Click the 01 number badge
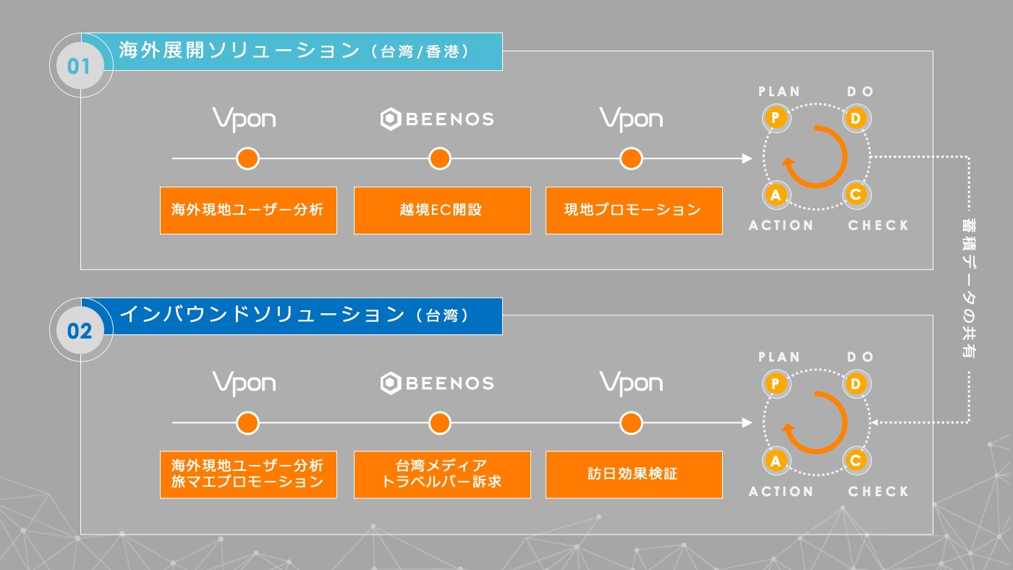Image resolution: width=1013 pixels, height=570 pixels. click(x=80, y=66)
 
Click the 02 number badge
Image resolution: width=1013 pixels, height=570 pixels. click(x=80, y=331)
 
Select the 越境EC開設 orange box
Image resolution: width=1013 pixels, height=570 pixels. click(x=442, y=210)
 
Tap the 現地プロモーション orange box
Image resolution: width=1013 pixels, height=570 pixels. click(x=634, y=210)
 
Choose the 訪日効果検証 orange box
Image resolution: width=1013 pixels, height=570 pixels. click(x=634, y=475)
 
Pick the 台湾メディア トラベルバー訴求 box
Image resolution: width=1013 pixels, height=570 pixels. click(x=442, y=475)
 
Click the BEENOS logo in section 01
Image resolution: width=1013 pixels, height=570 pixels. click(x=437, y=119)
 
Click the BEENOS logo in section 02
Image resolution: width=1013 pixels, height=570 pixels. click(x=437, y=383)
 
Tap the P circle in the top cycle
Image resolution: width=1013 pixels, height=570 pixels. click(x=776, y=118)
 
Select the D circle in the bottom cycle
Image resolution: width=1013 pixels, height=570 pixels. click(x=856, y=384)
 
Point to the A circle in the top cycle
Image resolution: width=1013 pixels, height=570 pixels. click(x=776, y=195)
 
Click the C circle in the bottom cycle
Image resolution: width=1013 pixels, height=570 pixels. click(x=856, y=460)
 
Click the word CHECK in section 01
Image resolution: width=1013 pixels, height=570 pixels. click(x=878, y=225)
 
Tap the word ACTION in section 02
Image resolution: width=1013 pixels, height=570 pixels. click(x=781, y=491)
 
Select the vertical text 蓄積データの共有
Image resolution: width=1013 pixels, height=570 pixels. click(x=969, y=289)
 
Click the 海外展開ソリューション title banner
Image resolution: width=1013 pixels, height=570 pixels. click(x=292, y=51)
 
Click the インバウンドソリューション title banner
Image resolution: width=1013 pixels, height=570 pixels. click(x=292, y=316)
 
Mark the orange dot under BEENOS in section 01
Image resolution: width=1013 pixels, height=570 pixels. click(x=440, y=158)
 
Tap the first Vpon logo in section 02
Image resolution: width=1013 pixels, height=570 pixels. click(x=245, y=383)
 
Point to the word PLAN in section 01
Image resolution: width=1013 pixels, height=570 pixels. click(x=779, y=92)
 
